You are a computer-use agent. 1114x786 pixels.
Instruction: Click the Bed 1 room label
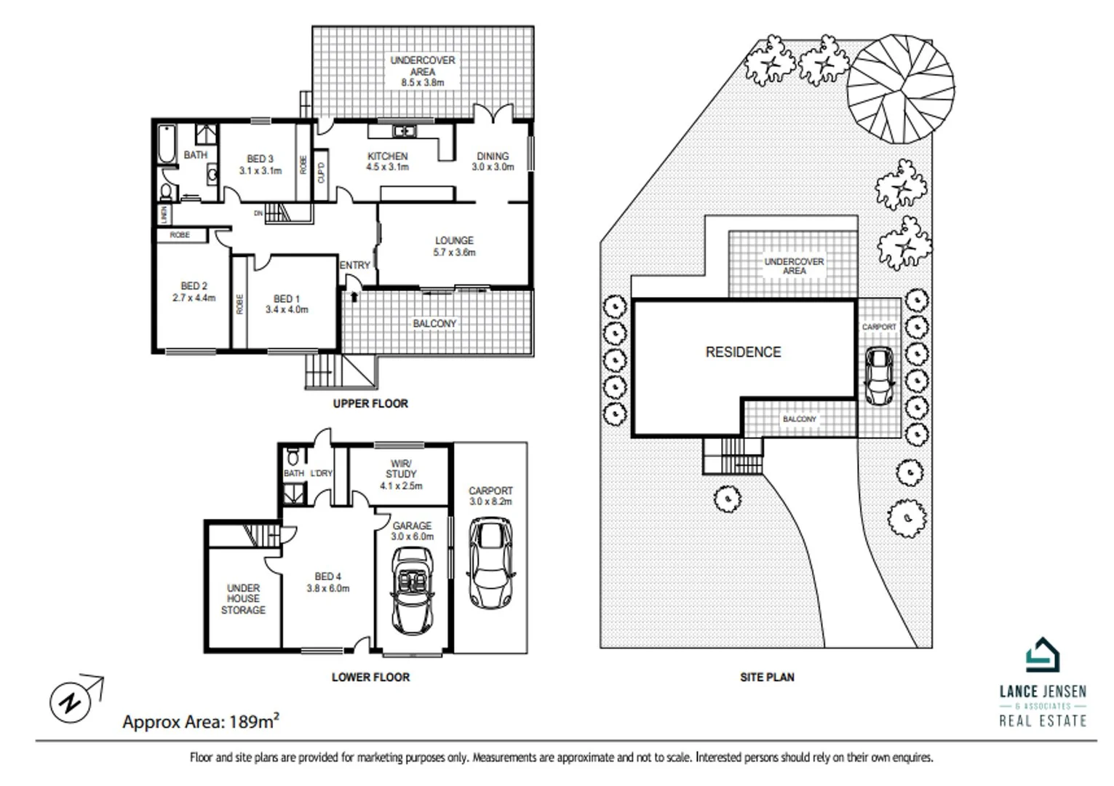coord(287,304)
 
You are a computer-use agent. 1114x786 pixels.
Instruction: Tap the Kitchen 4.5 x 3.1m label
coord(387,162)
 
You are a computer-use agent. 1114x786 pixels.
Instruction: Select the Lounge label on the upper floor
coord(454,246)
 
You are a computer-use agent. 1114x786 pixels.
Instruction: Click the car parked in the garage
coord(412,591)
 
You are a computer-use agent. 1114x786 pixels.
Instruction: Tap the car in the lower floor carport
coord(490,563)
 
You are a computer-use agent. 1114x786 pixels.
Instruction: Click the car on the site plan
coord(879,376)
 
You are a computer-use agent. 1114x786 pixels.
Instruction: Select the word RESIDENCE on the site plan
coord(743,352)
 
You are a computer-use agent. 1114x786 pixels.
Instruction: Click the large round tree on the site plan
coord(901,89)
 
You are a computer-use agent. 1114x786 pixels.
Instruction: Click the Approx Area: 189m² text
coord(201,722)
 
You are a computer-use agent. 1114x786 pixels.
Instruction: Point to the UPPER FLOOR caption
coord(370,403)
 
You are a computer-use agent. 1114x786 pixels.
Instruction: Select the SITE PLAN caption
coord(767,677)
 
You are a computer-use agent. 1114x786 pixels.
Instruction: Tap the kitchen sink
coord(402,131)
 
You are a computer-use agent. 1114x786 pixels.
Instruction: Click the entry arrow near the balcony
coord(354,296)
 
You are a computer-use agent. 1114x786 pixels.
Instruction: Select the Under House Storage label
coord(243,599)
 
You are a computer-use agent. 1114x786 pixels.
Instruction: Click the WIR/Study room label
coord(401,475)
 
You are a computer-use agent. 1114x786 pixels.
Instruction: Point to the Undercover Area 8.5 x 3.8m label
coord(423,71)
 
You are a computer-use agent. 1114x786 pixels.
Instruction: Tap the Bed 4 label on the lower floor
coord(328,582)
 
